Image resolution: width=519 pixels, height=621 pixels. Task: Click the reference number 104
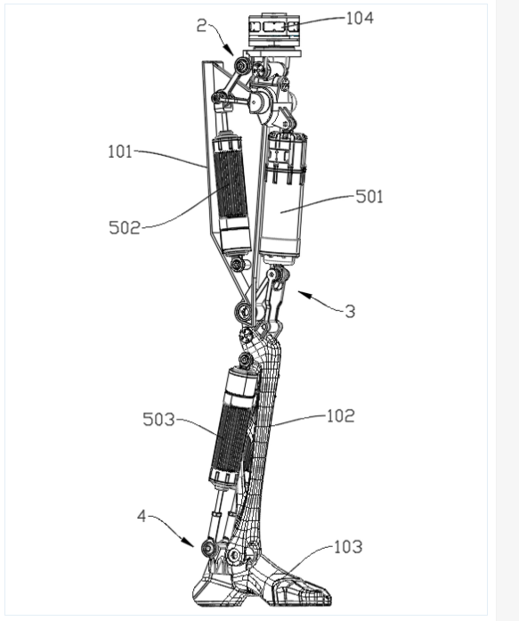360,18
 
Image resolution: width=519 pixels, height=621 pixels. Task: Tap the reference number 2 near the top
202,26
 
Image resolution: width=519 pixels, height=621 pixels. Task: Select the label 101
120,151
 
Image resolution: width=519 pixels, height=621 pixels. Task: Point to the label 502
125,228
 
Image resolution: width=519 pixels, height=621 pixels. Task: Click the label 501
369,197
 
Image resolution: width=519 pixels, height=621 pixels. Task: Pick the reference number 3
350,312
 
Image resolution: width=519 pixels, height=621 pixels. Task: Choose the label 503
158,420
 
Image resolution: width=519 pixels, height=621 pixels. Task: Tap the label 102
341,416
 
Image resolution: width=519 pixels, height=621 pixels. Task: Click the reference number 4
142,516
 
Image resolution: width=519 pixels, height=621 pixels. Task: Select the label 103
348,547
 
